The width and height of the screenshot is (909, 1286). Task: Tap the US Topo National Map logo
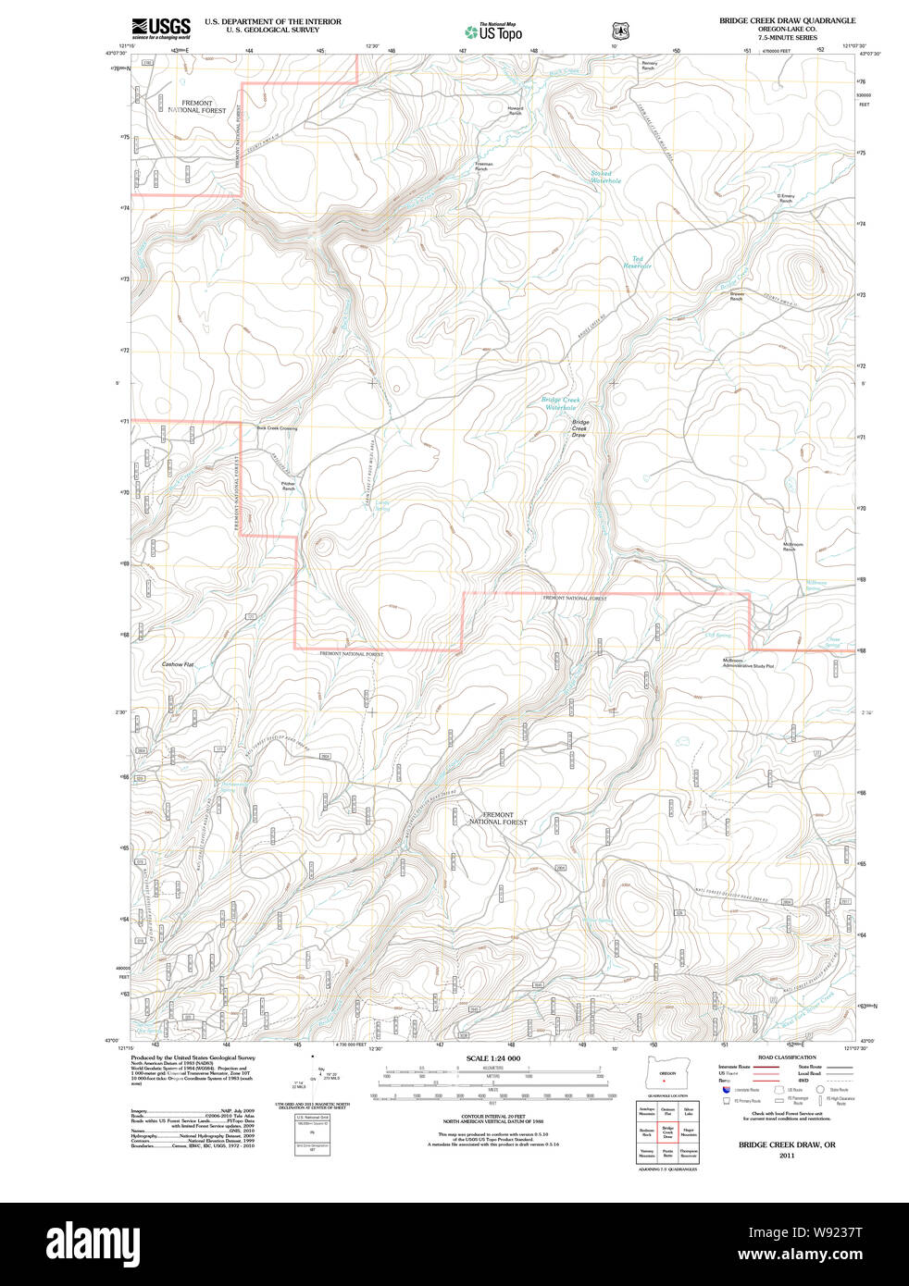[x=494, y=31]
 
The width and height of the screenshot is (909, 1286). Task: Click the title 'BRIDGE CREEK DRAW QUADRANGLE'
[x=787, y=20]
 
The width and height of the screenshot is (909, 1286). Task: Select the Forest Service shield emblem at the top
[x=620, y=31]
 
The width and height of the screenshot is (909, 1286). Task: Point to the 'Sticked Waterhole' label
[x=605, y=177]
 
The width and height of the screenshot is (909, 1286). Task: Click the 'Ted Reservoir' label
[x=637, y=262]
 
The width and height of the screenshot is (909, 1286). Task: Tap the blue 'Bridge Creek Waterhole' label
[x=560, y=403]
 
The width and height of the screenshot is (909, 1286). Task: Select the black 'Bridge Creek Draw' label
[x=579, y=428]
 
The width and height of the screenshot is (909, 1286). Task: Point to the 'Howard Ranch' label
[x=516, y=110]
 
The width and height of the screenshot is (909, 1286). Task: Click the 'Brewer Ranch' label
[x=737, y=296]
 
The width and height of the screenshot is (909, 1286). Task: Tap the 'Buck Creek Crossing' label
[x=277, y=428]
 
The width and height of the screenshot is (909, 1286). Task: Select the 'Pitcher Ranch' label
[x=288, y=486]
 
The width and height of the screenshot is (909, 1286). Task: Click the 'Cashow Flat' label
[x=178, y=664]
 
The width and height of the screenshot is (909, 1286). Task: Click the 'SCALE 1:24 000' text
[x=492, y=1058]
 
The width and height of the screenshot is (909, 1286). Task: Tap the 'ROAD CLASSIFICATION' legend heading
[x=787, y=1057]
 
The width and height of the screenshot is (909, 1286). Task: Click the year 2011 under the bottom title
[x=787, y=1156]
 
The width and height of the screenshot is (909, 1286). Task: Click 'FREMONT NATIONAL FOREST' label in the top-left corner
[x=197, y=106]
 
